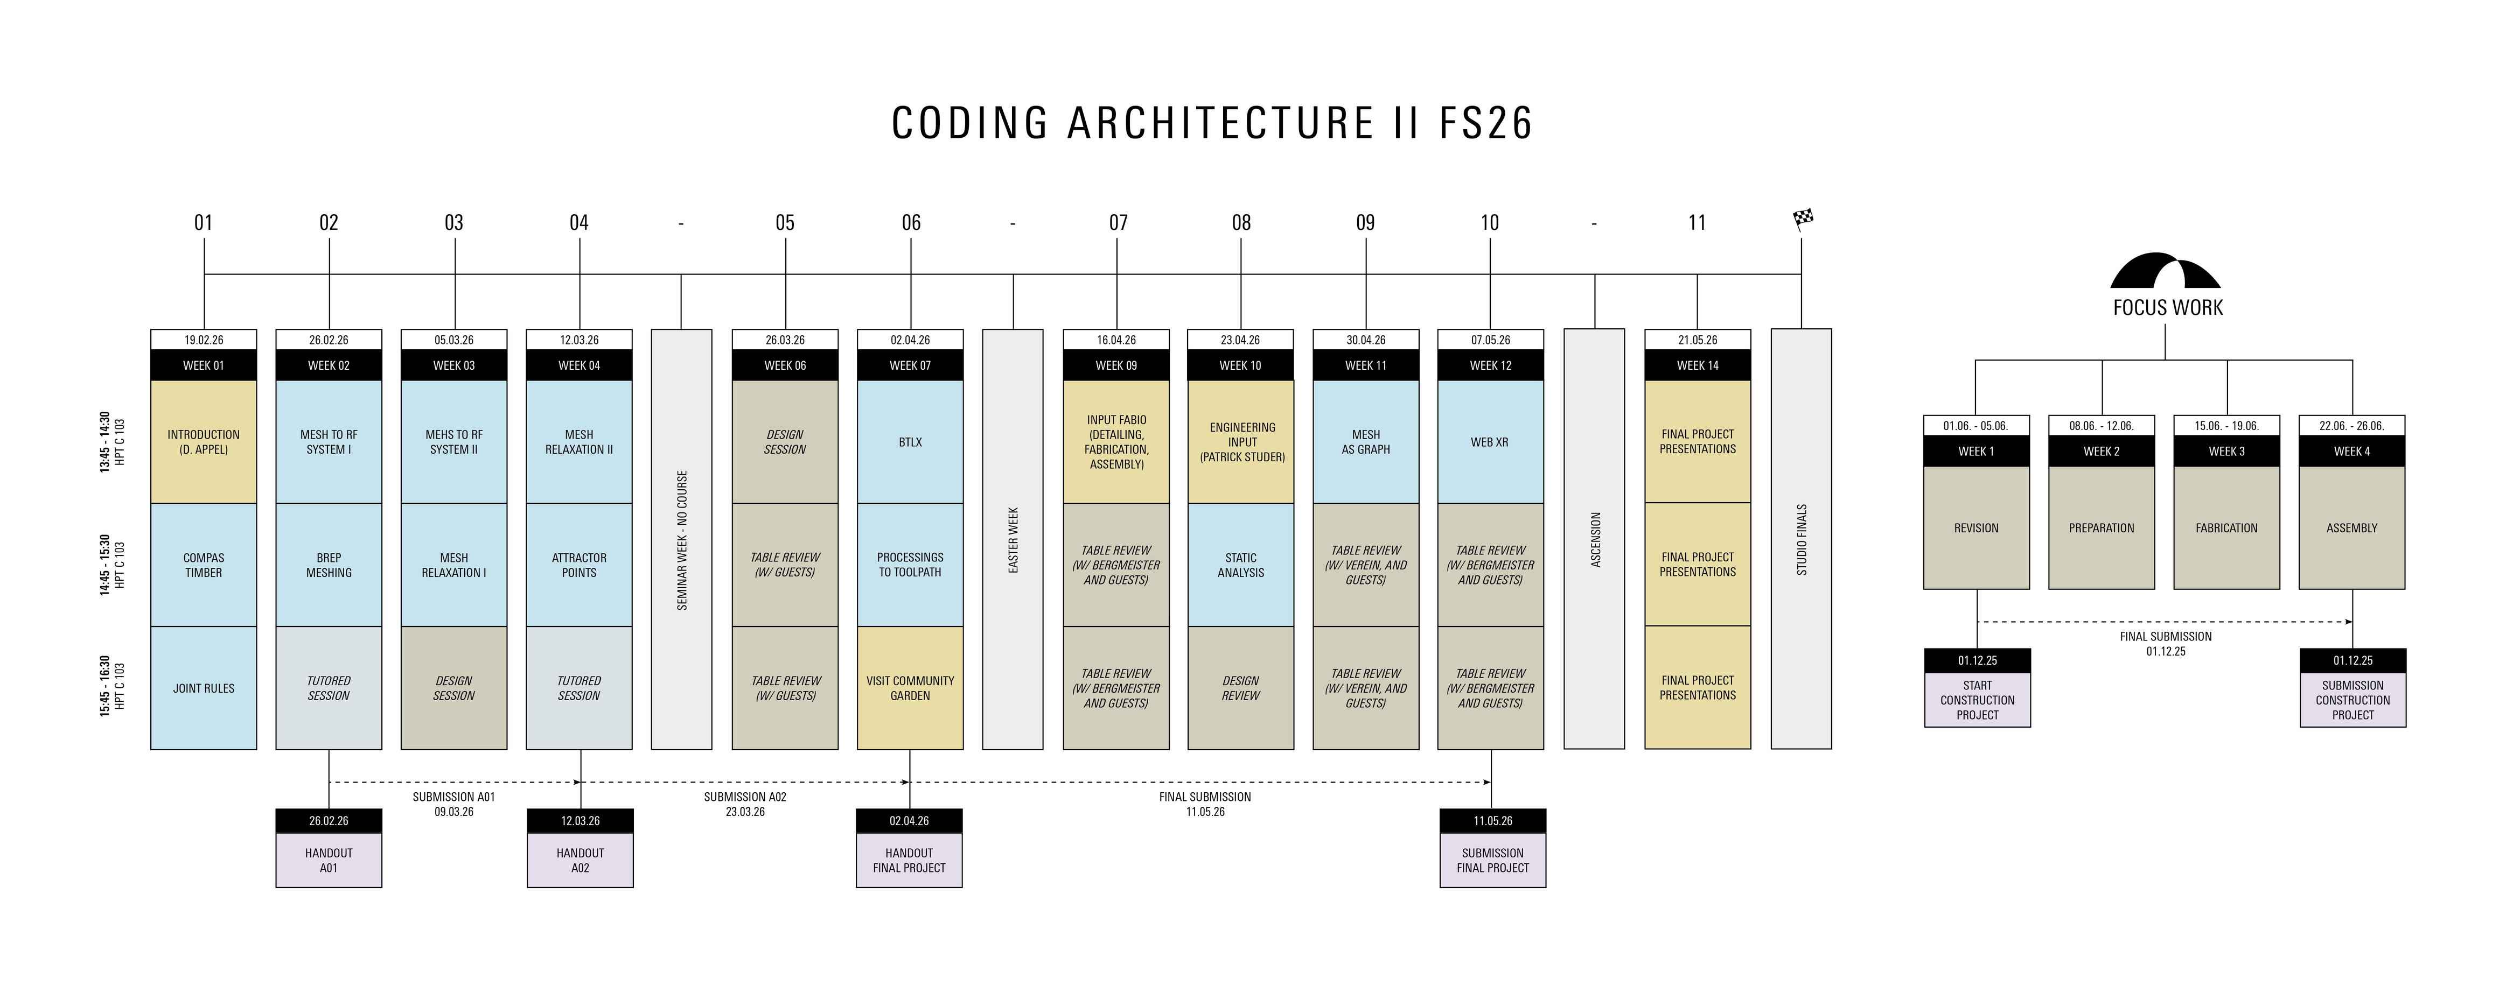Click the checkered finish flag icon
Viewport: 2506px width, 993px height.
1803,219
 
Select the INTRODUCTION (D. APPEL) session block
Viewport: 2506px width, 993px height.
204,441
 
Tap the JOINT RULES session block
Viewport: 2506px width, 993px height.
204,688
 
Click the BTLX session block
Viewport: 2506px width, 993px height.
910,441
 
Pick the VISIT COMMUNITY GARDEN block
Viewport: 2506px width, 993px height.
910,688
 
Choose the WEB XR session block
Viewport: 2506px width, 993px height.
1489,441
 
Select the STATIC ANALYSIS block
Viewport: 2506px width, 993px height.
1240,565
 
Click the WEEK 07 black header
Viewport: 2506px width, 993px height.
910,365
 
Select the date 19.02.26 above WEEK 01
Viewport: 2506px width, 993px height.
204,340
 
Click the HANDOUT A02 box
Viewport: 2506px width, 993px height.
580,860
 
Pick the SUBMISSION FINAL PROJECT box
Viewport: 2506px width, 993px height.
1492,860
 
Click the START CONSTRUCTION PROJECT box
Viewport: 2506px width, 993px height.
1977,699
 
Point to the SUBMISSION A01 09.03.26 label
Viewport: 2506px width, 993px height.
453,804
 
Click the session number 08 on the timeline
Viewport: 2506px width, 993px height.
1241,223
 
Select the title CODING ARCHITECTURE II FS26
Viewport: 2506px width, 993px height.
1212,123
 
